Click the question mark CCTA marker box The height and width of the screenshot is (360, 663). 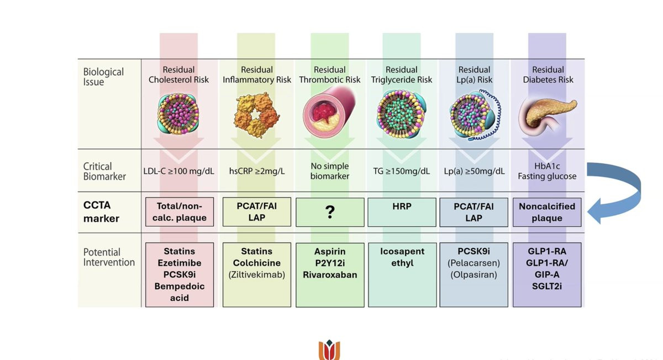point(330,212)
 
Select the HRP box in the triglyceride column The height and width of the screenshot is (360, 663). point(402,212)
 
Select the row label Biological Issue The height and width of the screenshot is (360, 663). point(103,77)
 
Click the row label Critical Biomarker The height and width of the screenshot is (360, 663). point(104,171)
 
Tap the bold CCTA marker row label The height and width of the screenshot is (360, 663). point(102,212)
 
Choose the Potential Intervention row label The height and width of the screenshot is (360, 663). point(109,257)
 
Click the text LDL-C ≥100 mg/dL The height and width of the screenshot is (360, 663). point(178,171)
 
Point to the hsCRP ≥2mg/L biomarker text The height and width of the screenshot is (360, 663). point(256,171)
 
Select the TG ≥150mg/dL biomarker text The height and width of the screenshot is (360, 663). point(401,171)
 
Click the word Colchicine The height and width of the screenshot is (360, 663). point(256,263)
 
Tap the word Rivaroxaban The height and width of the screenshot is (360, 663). point(330,274)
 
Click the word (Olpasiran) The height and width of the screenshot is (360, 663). point(473,274)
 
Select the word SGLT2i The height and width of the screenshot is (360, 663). point(546,286)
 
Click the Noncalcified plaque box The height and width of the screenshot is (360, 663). point(546,212)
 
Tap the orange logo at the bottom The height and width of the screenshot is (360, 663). point(329,351)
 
